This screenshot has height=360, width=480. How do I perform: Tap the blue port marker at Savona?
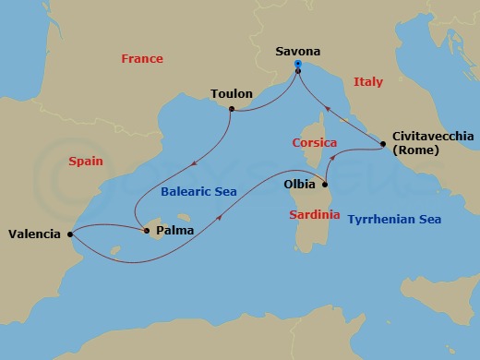tap(298, 65)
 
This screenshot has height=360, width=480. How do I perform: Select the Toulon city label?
tap(231, 93)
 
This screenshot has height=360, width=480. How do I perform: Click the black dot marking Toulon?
tap(231, 110)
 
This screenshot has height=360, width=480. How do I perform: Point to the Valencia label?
tap(36, 234)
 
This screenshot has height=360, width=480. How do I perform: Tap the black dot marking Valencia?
tap(70, 234)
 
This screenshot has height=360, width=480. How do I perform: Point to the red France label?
tap(142, 59)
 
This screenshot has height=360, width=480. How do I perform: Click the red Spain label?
tap(85, 161)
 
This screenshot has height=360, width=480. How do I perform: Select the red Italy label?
tap(367, 82)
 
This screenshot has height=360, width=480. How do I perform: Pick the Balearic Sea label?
tap(198, 192)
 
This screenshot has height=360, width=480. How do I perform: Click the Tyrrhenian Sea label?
tap(394, 220)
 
